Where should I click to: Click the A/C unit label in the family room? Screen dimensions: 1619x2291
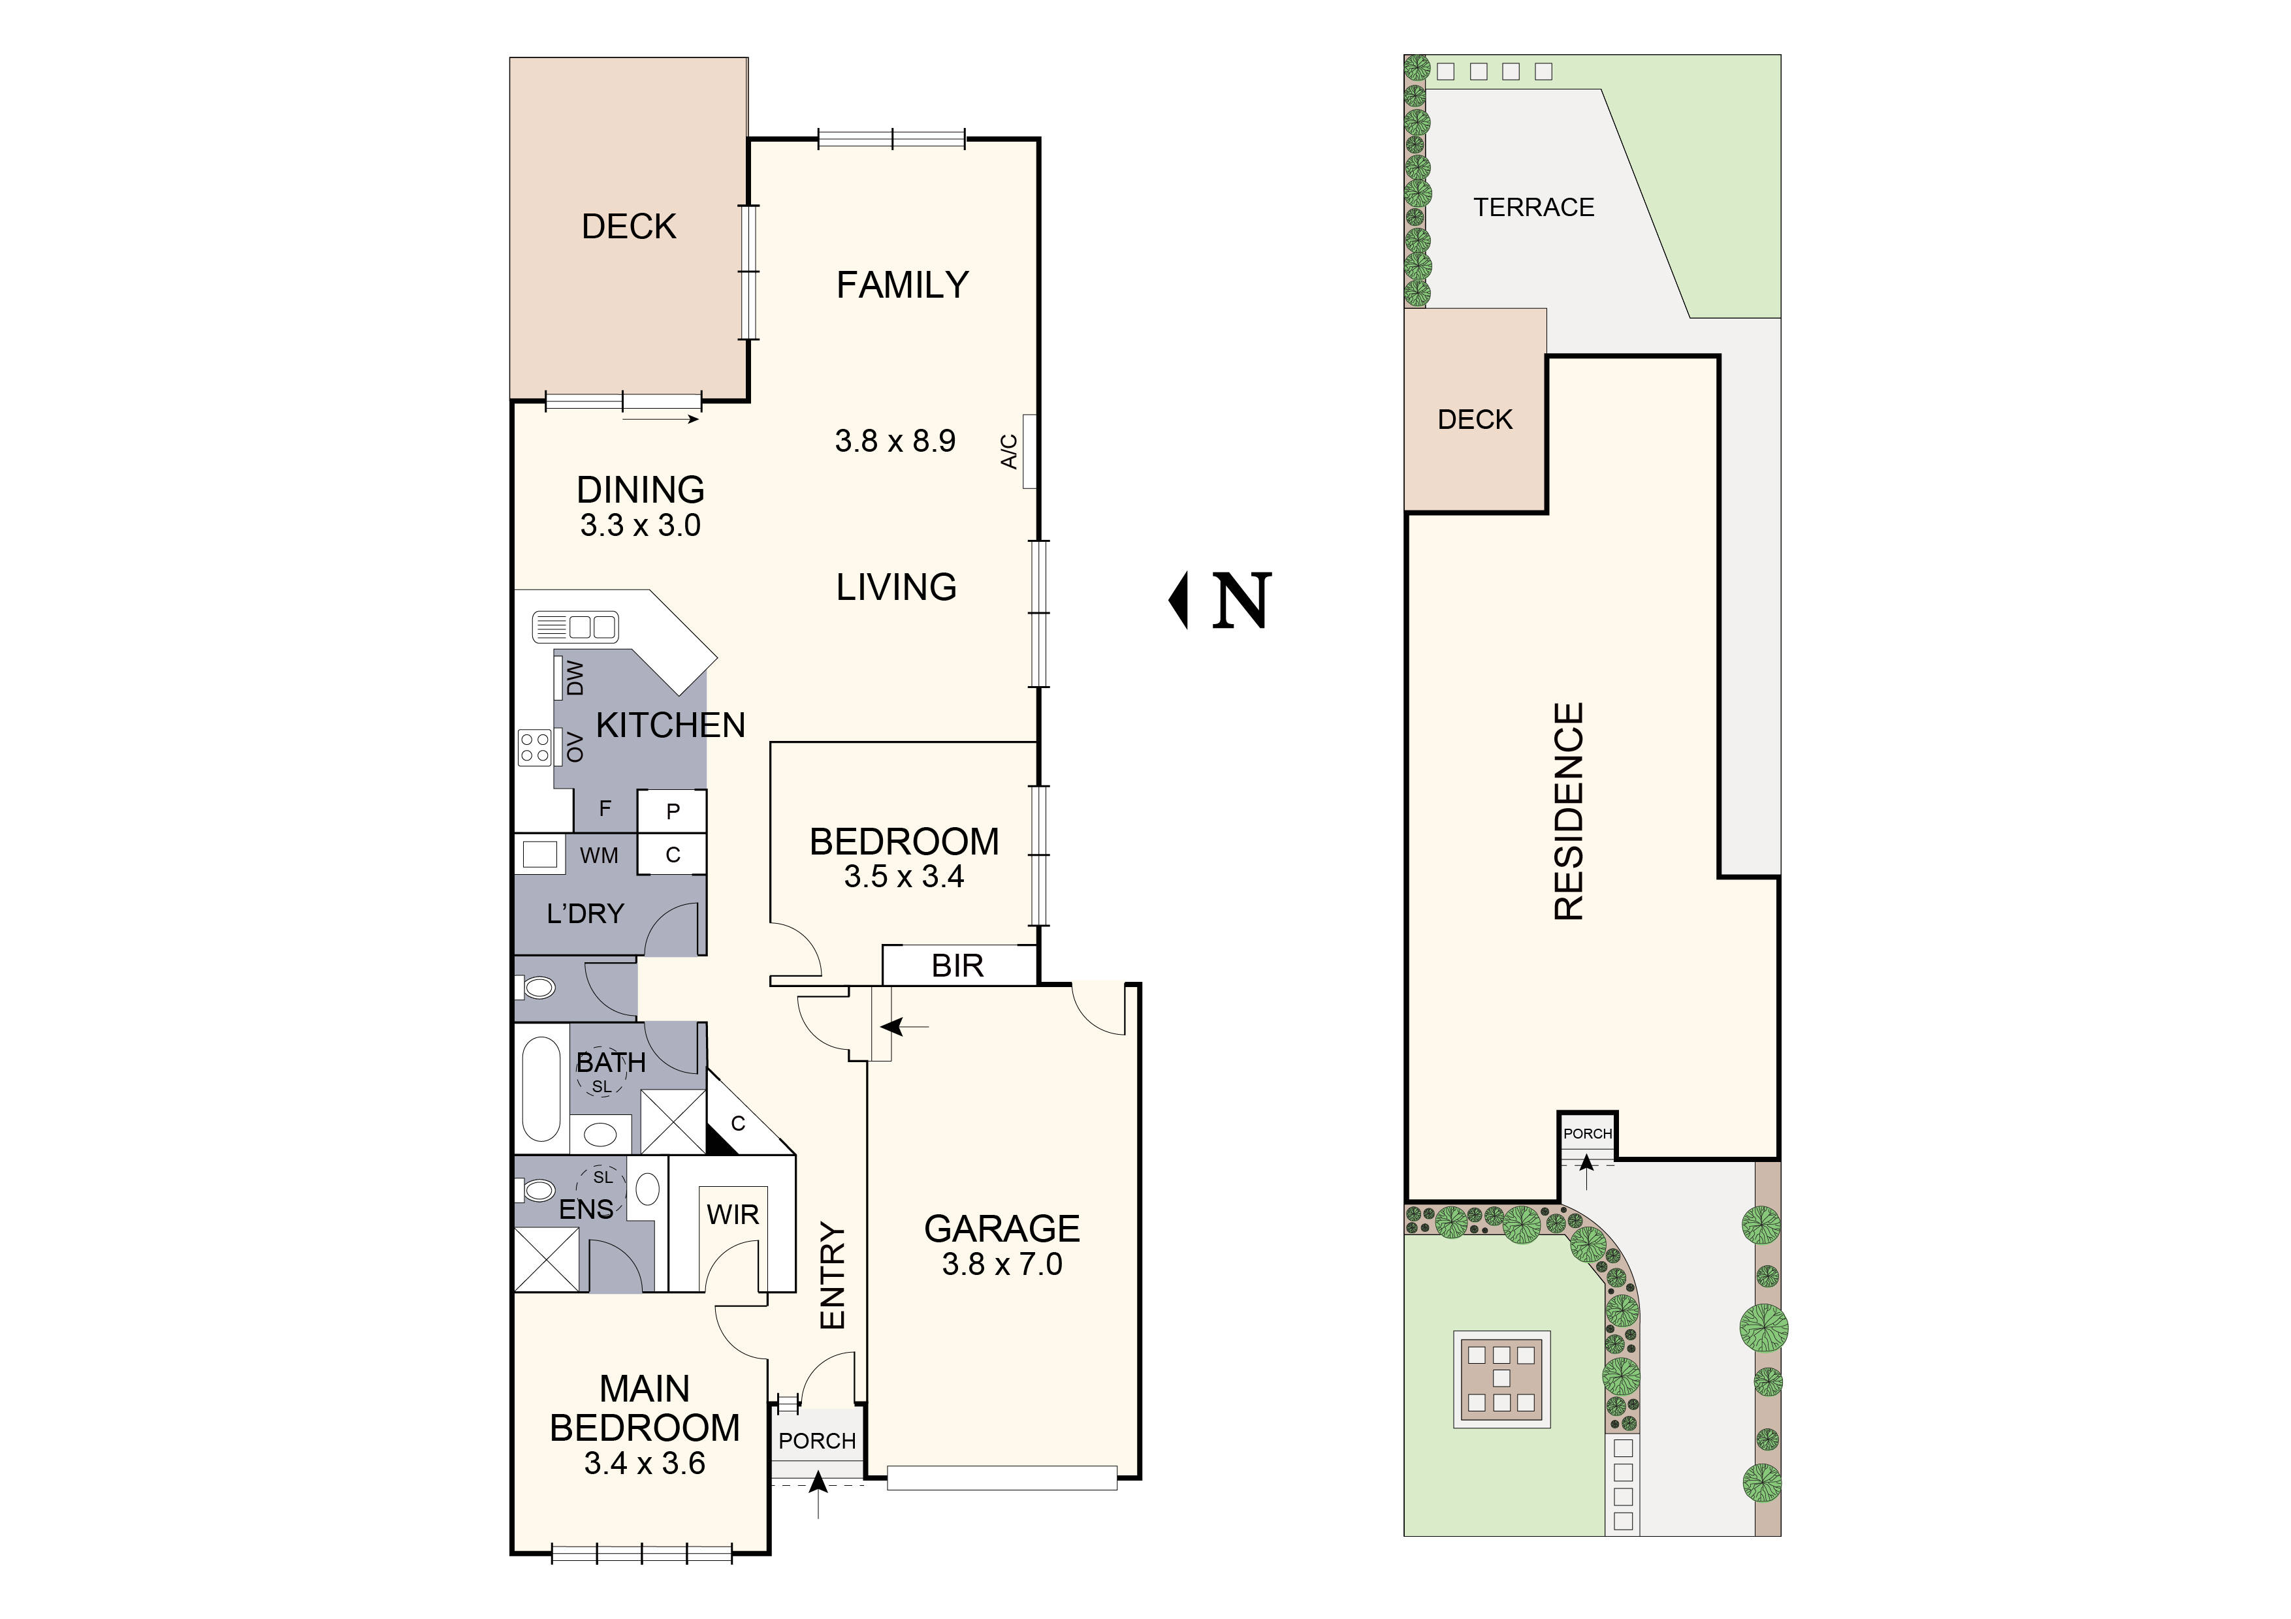click(x=1009, y=451)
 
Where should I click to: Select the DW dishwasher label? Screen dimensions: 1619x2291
click(x=575, y=678)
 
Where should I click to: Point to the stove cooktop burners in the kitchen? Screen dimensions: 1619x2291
click(x=535, y=747)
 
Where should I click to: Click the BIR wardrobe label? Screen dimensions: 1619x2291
click(x=957, y=966)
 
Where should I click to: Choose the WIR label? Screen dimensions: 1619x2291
click(x=732, y=1215)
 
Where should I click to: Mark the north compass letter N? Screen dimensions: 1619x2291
click(x=1242, y=601)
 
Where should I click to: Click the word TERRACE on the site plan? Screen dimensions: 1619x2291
click(x=1533, y=208)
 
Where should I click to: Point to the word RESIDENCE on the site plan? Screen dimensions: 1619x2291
click(x=1569, y=811)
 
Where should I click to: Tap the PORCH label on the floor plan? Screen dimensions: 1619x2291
click(x=817, y=1440)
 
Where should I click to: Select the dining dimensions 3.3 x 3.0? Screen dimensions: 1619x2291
click(x=641, y=526)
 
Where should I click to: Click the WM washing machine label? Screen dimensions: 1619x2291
click(x=599, y=856)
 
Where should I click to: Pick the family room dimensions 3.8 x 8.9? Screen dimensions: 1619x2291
click(x=895, y=441)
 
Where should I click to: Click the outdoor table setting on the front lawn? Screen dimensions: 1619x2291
click(x=1501, y=1379)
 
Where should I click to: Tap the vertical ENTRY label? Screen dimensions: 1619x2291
click(x=832, y=1276)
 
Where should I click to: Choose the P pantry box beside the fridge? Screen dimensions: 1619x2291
click(x=673, y=811)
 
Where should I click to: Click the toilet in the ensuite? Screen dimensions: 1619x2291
click(x=539, y=1190)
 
